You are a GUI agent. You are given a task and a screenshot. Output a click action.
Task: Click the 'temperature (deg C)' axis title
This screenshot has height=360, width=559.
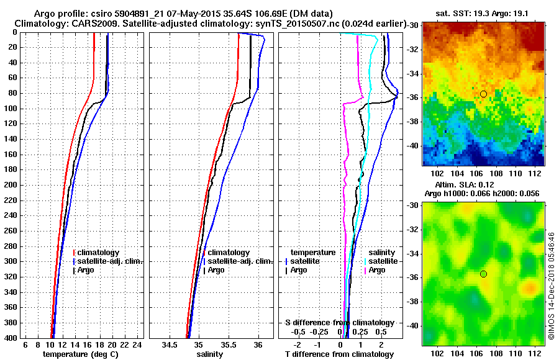pyautogui.click(x=80, y=354)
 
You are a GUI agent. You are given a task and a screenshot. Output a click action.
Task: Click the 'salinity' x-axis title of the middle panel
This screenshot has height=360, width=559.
pyautogui.click(x=210, y=354)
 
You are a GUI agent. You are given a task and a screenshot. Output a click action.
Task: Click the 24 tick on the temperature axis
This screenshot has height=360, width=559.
pyautogui.click(x=138, y=344)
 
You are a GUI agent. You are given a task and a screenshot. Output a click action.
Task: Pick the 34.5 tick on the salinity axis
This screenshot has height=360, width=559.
pyautogui.click(x=169, y=344)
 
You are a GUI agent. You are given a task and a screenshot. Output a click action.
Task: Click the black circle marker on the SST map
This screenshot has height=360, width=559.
pyautogui.click(x=483, y=94)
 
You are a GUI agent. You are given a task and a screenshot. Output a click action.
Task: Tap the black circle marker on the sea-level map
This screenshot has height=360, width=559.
pyautogui.click(x=483, y=274)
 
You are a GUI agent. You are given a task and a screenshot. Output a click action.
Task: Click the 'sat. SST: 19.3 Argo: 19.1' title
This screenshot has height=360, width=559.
pyautogui.click(x=483, y=12)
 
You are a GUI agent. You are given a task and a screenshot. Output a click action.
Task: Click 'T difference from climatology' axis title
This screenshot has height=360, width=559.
pyautogui.click(x=339, y=354)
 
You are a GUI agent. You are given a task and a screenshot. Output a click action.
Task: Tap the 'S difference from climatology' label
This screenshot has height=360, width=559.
pyautogui.click(x=339, y=323)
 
